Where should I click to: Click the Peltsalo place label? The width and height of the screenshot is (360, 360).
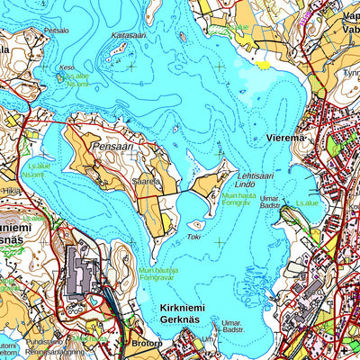pyautogui.click(x=56, y=30)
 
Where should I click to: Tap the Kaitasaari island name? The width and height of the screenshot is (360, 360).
pyautogui.click(x=128, y=35)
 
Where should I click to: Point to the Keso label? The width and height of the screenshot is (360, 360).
pyautogui.click(x=67, y=67)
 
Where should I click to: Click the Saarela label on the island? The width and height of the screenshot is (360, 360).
pyautogui.click(x=146, y=180)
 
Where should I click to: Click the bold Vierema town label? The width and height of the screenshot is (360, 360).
pyautogui.click(x=286, y=138)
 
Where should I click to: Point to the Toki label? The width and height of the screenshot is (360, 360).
pyautogui.click(x=193, y=237)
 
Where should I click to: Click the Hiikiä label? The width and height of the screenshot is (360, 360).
pyautogui.click(x=11, y=191)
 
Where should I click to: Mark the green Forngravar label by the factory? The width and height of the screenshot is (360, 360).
pyautogui.click(x=158, y=277)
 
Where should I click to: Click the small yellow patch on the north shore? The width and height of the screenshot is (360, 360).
pyautogui.click(x=262, y=65)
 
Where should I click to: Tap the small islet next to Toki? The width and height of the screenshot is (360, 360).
pyautogui.click(x=195, y=224)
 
